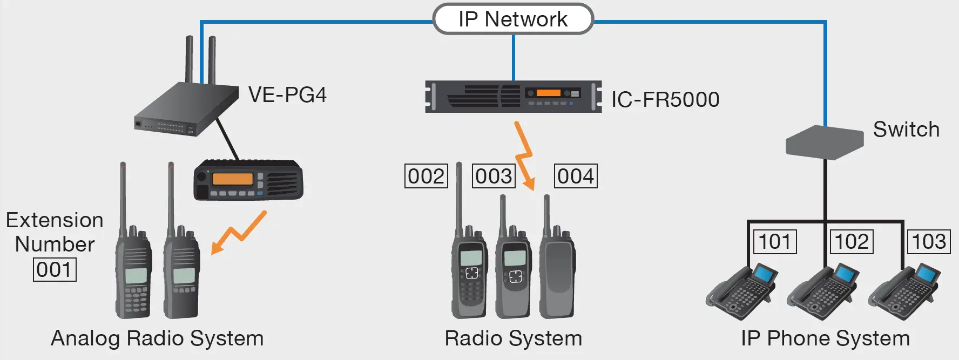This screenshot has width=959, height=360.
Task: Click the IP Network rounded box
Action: coord(513,19)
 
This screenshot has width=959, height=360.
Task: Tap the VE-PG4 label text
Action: coord(287,95)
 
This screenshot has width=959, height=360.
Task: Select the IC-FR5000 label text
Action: coord(665,100)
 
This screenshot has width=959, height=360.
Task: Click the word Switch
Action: coord(906,130)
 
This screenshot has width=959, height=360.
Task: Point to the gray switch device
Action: coord(824,142)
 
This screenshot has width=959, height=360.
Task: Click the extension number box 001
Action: coord(55,269)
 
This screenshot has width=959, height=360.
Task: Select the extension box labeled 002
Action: coord(426,176)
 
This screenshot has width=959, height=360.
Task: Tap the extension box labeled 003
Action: coord(494,176)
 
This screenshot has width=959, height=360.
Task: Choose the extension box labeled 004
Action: coord(576,176)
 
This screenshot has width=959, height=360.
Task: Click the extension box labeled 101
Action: coord(775,241)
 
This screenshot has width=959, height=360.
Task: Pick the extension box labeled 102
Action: coord(852,241)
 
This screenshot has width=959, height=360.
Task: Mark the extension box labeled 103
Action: coord(929,241)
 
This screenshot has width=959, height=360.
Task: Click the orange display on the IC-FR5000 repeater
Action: coord(548,93)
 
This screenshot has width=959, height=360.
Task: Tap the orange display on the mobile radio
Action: coord(232,179)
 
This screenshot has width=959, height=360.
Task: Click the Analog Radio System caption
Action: coord(157,338)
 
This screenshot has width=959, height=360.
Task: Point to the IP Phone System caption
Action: coord(825,338)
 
